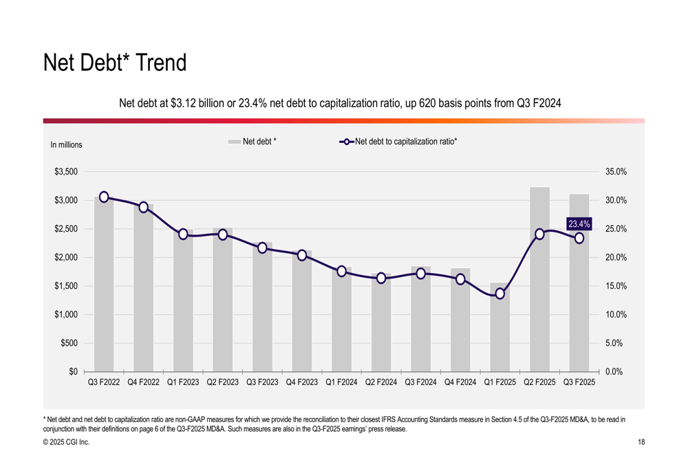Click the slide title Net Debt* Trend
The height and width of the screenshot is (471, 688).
[x=115, y=63]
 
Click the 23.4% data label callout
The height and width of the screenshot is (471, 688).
[x=579, y=224]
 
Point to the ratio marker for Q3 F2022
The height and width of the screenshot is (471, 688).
[x=104, y=197]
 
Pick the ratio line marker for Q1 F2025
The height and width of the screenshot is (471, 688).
[x=499, y=294]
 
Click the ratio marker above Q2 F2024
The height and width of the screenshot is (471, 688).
[x=381, y=278]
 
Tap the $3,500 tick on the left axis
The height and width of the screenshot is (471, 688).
[x=66, y=172]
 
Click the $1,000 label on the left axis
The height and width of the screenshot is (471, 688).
[x=66, y=314]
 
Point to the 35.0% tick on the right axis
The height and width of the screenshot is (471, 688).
[x=616, y=172]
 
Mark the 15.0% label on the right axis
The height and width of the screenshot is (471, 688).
[x=616, y=286]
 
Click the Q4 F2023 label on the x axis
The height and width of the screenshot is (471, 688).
[x=302, y=382]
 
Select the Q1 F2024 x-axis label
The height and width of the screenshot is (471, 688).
[x=341, y=382]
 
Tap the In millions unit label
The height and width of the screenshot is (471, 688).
[x=66, y=145]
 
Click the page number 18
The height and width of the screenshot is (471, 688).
[x=641, y=442]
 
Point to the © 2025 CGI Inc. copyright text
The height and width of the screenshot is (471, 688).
[x=66, y=442]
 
